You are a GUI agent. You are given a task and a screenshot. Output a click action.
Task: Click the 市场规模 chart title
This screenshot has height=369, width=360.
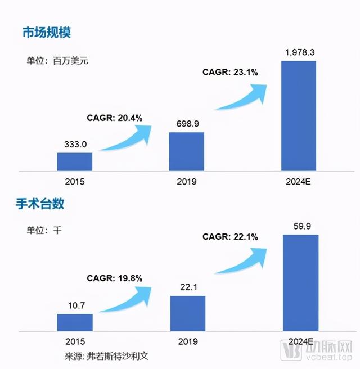click(x=46, y=31)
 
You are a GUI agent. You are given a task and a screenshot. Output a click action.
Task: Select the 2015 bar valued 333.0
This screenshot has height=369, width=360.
click(x=74, y=161)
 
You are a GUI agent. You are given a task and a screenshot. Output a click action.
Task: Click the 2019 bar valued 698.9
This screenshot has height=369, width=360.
click(x=187, y=151)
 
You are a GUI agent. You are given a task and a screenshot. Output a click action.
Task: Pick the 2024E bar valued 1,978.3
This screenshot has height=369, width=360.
click(x=298, y=115)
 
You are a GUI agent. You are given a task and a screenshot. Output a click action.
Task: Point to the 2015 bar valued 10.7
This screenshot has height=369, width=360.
click(x=74, y=322)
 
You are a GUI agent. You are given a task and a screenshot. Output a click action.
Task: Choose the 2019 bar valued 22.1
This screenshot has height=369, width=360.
click(x=187, y=313)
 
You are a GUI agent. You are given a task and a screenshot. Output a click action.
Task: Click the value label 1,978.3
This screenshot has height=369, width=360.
click(x=299, y=52)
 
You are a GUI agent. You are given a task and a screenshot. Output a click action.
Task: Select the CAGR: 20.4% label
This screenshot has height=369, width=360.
click(x=114, y=118)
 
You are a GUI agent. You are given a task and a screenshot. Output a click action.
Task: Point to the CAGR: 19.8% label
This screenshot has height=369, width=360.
click(x=114, y=278)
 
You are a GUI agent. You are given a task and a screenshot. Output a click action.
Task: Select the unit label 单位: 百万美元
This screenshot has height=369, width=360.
click(x=57, y=61)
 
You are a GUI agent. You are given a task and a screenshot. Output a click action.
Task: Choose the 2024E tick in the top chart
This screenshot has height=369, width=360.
click(x=298, y=182)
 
